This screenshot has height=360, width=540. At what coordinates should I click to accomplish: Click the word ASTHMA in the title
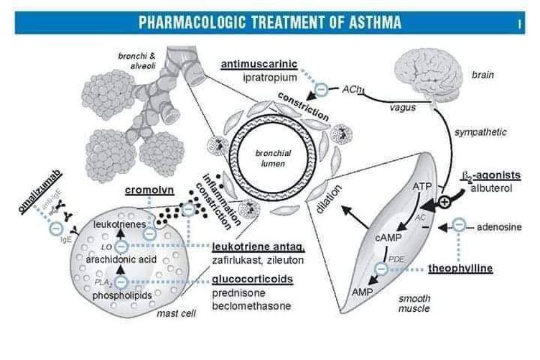click(368, 22)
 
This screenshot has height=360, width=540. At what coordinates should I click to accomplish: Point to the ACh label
click(352, 90)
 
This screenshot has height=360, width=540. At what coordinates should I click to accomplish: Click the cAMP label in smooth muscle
click(387, 236)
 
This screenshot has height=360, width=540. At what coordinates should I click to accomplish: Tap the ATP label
click(422, 186)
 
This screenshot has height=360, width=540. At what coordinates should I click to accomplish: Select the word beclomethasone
click(251, 306)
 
